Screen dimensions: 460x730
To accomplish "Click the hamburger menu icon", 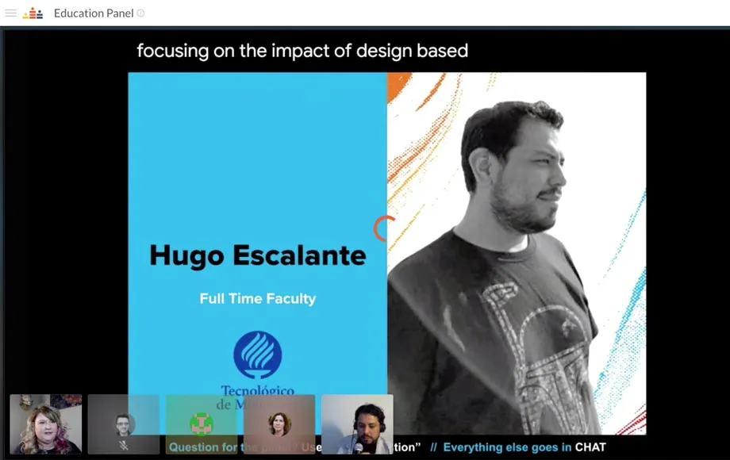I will click(x=11, y=13).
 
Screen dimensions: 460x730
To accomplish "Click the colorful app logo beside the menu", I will click(x=33, y=13).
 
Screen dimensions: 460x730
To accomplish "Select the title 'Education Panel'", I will click(x=94, y=13).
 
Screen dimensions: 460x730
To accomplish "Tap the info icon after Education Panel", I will click(x=141, y=13).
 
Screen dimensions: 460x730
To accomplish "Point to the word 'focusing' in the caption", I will click(x=169, y=51).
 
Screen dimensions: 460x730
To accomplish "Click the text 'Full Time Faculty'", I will click(x=258, y=299).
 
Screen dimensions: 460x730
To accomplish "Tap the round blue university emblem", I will click(x=257, y=355).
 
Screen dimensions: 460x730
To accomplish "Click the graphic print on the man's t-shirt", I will click(x=524, y=341).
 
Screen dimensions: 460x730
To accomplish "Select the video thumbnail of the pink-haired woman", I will click(x=45, y=424).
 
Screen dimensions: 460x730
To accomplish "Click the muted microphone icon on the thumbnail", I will click(x=123, y=446).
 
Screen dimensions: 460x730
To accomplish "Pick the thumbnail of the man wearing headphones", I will click(x=357, y=424).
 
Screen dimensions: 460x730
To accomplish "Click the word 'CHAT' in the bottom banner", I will click(x=590, y=447).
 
